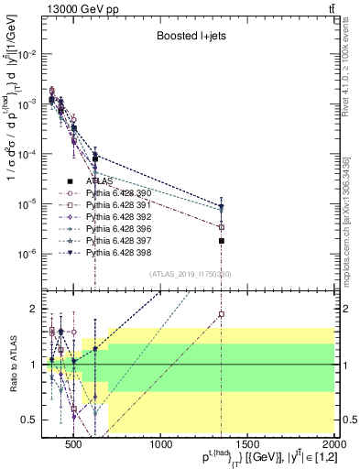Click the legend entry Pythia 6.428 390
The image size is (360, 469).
pos(114,193)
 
